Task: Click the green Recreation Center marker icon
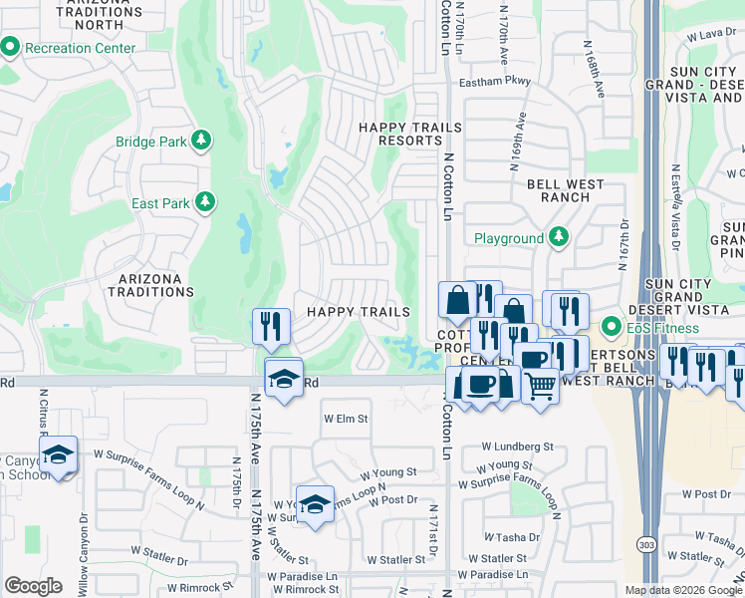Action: (11, 47)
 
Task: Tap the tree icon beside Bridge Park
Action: (202, 141)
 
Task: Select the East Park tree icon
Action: (205, 203)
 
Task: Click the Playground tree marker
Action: (559, 237)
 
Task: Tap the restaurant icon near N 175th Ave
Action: (270, 324)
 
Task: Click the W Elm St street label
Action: (345, 419)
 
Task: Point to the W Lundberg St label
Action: (517, 448)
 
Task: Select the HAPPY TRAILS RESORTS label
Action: (410, 134)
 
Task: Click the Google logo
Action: (34, 586)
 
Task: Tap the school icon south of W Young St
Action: (315, 504)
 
